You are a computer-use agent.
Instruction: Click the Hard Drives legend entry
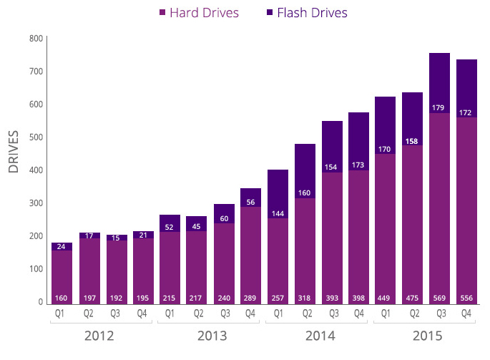(x=200, y=13)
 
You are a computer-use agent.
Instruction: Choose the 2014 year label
(x=319, y=336)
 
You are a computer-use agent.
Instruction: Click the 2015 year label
(x=427, y=336)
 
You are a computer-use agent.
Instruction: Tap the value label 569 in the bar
(x=438, y=297)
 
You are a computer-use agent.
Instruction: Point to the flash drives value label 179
(x=438, y=108)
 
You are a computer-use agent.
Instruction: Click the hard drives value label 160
(x=62, y=297)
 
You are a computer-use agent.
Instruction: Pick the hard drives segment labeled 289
(x=250, y=250)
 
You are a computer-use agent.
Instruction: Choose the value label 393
(x=330, y=297)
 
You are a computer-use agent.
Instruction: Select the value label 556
(x=466, y=297)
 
